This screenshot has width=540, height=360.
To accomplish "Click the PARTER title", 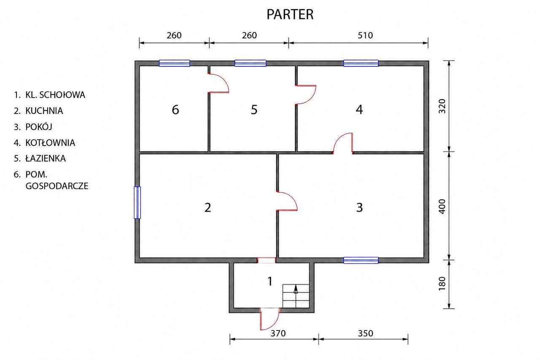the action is (290, 14).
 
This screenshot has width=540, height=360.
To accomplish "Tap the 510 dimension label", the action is (365, 36).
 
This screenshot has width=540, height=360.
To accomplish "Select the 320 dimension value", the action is (442, 106).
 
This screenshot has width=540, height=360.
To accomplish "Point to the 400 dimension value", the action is (442, 206).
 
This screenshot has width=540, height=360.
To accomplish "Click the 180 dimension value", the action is (442, 283).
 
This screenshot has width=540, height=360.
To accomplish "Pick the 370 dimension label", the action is (278, 333).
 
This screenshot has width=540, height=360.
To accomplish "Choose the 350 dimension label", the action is (365, 333).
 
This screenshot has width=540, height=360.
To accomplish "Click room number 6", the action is (175, 110).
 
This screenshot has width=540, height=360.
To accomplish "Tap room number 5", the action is (254, 110).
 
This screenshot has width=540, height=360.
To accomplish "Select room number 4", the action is (359, 110).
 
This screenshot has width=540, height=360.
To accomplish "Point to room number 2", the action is (208, 207).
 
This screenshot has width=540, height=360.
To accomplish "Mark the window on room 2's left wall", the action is (137, 203).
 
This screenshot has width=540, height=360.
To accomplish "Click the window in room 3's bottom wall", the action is (361, 260).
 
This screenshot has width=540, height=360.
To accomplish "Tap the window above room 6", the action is (174, 63).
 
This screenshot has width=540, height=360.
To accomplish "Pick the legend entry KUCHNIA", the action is (44, 111).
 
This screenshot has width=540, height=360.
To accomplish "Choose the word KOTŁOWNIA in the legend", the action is (50, 143).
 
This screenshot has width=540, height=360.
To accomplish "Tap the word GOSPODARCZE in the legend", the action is (57, 186).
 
